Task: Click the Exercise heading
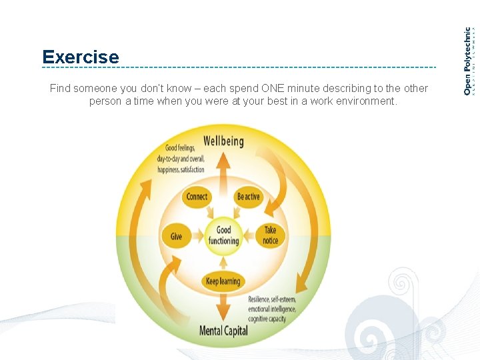point(80,57)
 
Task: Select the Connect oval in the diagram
point(197,197)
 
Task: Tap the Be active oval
point(249,197)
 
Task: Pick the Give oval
point(176,236)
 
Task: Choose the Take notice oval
point(270,235)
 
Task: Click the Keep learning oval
point(223,281)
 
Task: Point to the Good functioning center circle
point(223,235)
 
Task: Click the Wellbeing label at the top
point(223,141)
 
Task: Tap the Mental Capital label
point(223,331)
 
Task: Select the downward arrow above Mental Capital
point(223,307)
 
